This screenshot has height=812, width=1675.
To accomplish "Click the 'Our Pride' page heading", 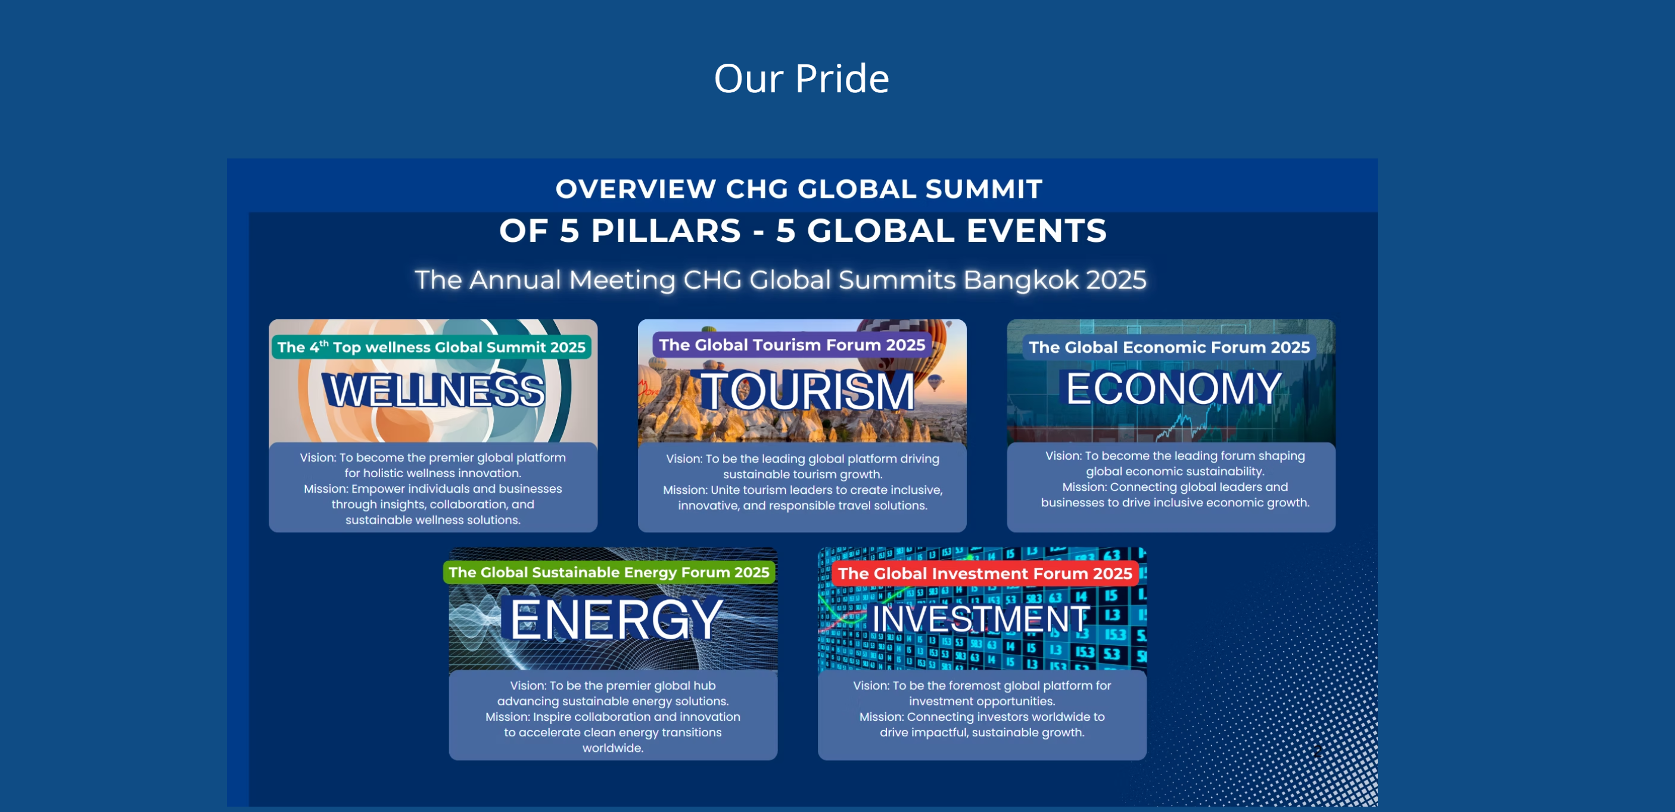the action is [x=801, y=79].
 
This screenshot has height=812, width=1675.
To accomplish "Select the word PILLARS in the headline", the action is [x=666, y=231].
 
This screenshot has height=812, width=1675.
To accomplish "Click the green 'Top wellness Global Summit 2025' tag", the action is [x=431, y=347].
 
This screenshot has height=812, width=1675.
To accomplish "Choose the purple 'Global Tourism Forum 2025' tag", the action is [x=792, y=344].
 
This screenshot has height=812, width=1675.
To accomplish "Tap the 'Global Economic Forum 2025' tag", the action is [x=1169, y=347].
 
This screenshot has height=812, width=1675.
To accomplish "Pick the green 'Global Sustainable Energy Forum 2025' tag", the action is [x=609, y=572].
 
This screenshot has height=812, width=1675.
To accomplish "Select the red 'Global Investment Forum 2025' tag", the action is [x=985, y=574].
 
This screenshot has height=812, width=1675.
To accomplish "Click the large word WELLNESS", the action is [x=434, y=390].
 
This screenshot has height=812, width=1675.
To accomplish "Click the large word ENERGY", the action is [x=615, y=620].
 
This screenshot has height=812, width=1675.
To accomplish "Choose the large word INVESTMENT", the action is [x=980, y=618].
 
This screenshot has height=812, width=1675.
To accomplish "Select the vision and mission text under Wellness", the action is [x=433, y=489].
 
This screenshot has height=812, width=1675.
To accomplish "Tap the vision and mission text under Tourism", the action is [x=802, y=483].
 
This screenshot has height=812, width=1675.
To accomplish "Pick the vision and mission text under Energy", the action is [x=612, y=717].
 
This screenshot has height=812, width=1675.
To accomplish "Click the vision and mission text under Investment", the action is [x=982, y=708].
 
